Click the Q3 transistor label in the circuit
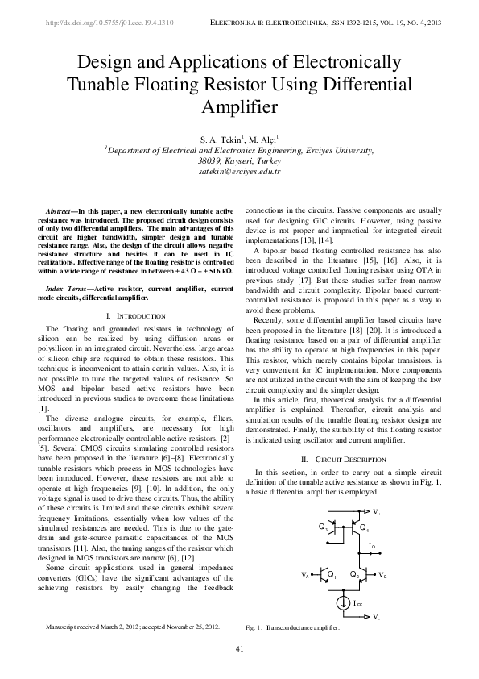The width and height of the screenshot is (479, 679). pyautogui.click(x=324, y=527)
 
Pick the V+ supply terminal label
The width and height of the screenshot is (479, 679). pyautogui.click(x=378, y=512)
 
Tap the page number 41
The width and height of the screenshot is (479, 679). pyautogui.click(x=239, y=649)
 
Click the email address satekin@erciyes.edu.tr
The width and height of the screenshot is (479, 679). pyautogui.click(x=239, y=171)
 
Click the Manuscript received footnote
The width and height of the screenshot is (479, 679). pyautogui.click(x=133, y=626)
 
